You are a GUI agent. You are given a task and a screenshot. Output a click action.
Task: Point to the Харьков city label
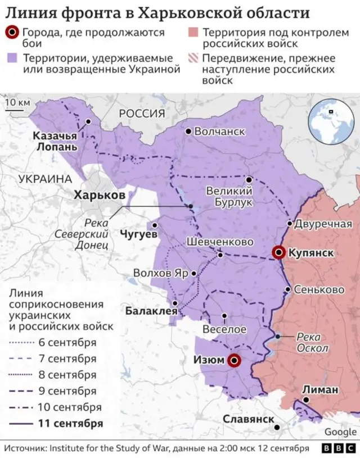tap(100, 194)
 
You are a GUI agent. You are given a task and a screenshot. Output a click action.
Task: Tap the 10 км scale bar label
tap(17, 102)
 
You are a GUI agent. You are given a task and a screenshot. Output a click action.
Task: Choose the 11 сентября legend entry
tap(71, 424)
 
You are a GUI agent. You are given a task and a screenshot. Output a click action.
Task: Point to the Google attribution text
tap(340, 432)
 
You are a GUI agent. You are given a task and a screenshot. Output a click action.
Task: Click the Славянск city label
tap(249, 419)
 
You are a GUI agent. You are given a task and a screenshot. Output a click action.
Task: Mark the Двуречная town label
tap(323, 223)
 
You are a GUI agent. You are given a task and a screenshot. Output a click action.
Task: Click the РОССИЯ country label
tap(142, 113)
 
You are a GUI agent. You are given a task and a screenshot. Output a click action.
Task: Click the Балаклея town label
tap(151, 310)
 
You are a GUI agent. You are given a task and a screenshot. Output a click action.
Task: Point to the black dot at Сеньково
tap(287, 290)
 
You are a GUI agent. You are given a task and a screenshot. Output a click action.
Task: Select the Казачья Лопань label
tap(55, 141)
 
